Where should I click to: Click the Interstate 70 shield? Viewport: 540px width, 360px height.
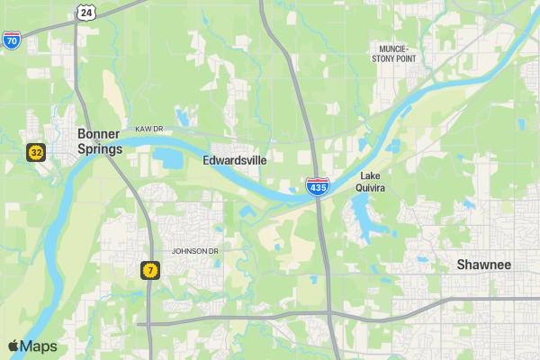(12, 40)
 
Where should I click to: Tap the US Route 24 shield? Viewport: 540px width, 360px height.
(85, 11)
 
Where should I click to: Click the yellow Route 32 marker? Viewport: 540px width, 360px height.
(35, 152)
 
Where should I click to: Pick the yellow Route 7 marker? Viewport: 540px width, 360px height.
(149, 269)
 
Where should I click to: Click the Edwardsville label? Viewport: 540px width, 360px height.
(235, 160)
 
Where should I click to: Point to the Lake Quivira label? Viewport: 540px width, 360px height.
(373, 182)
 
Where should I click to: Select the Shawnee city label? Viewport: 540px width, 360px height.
(483, 265)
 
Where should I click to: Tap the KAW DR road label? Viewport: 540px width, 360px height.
(149, 129)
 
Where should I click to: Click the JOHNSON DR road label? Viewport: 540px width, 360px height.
(195, 250)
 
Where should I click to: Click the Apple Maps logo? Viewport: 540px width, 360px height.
(32, 346)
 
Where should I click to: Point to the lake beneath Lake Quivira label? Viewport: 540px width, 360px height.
(360, 216)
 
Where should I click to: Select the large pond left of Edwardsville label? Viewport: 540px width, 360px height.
(168, 159)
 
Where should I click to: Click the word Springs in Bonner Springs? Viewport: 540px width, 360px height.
(99, 149)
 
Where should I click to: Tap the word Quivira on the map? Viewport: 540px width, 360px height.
(373, 188)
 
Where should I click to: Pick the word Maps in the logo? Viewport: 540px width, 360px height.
(39, 346)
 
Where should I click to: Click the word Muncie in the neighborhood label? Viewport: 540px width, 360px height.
(394, 48)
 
